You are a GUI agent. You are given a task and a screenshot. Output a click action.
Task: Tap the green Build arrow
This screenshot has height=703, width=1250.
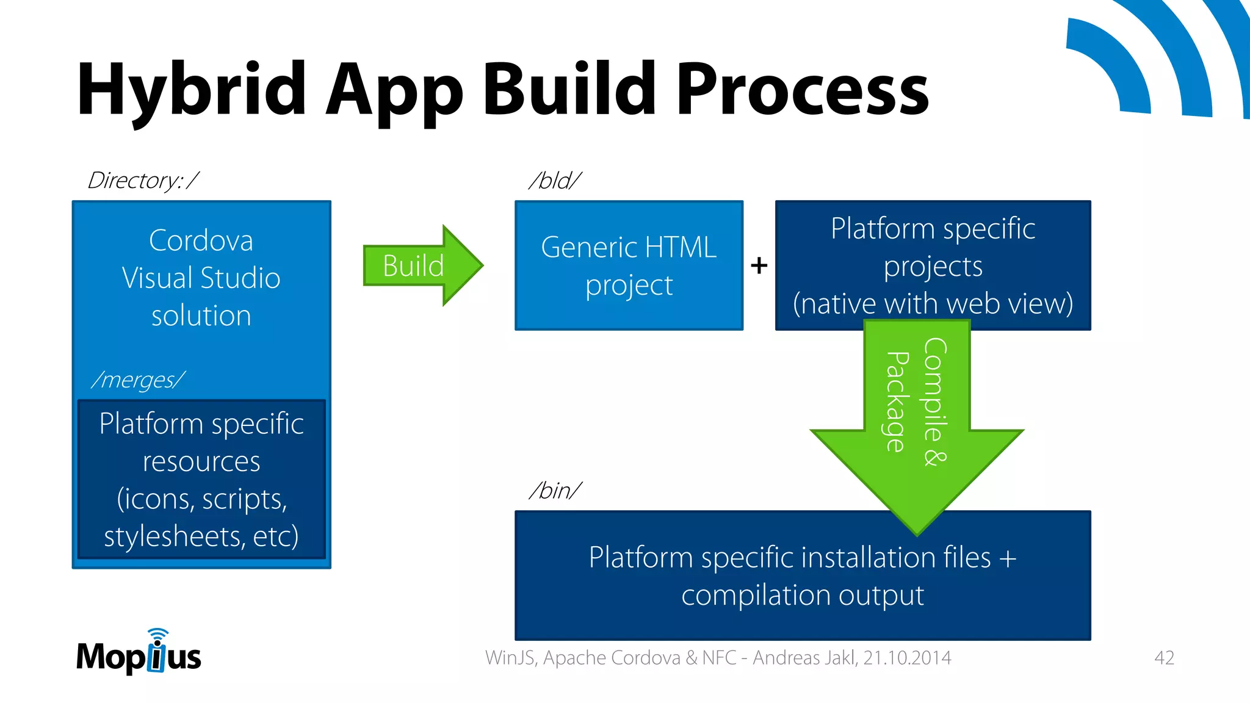pos(421,265)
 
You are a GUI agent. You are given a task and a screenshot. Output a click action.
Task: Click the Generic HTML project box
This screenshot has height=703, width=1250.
pos(629,266)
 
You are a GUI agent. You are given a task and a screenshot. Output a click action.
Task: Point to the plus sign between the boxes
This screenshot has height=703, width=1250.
pos(759,265)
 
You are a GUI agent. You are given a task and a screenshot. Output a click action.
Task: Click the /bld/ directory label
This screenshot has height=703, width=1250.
pos(555,181)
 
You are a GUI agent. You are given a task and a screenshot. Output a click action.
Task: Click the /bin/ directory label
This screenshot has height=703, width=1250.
pos(555,490)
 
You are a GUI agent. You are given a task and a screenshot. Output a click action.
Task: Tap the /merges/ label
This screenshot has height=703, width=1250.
pos(138,380)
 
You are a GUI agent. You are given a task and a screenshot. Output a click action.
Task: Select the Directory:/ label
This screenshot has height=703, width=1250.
pos(143,181)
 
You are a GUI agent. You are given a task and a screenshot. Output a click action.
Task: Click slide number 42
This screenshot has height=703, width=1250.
pos(1164,658)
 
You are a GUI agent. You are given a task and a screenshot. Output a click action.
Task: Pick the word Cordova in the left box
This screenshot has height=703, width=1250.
pos(201,240)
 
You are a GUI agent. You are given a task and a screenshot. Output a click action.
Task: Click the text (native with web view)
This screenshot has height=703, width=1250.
pos(933,304)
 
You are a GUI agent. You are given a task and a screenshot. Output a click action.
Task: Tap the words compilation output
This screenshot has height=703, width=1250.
pos(803,595)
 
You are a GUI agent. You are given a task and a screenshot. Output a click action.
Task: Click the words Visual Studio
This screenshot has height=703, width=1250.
pos(201,278)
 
